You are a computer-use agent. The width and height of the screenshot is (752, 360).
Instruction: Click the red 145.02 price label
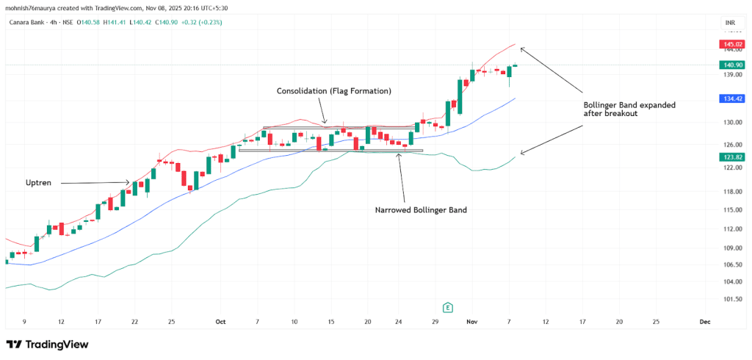click(731, 45)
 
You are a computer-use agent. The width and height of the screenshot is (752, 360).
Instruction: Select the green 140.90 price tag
click(731, 65)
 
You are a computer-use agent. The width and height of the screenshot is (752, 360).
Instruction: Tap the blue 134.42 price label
click(731, 98)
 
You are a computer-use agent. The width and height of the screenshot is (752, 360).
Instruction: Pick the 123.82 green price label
click(731, 156)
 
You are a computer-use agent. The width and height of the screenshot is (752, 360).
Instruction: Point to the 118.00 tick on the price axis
click(730, 192)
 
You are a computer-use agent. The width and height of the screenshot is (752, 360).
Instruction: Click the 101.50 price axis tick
click(730, 299)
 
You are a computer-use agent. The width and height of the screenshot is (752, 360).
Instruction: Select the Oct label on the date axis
click(220, 322)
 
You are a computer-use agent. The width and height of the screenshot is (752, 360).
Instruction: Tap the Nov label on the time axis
click(471, 322)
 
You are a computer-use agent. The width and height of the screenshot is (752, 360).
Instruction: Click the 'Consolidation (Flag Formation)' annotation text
click(333, 91)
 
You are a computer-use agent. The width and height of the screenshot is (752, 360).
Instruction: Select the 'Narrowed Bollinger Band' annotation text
click(421, 209)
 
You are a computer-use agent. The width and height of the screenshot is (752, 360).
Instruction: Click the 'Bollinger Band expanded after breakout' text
click(629, 109)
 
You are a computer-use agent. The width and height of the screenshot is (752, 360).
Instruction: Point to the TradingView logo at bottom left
click(47, 344)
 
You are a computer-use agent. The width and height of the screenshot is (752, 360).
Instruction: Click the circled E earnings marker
click(446, 307)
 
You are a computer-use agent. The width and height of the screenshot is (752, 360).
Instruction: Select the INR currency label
click(730, 24)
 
